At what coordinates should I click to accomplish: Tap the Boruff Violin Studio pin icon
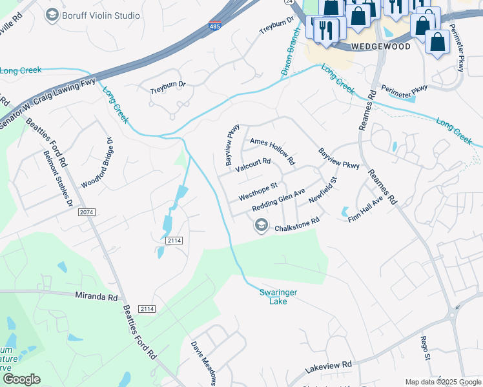point(53,14)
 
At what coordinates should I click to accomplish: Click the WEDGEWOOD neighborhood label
point(380,47)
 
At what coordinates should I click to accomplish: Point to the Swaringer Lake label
point(278,296)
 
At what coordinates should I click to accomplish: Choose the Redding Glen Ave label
point(278,200)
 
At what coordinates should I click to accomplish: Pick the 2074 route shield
point(86,212)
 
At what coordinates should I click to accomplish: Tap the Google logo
point(21,379)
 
